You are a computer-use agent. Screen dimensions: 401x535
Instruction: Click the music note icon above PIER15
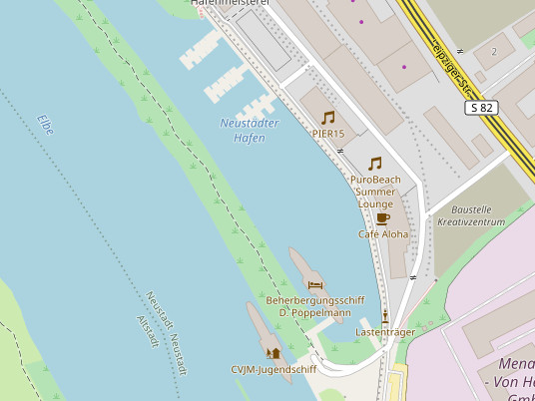[327, 118]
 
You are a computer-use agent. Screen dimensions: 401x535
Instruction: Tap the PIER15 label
[328, 133]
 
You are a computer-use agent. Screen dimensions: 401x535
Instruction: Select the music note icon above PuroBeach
[375, 164]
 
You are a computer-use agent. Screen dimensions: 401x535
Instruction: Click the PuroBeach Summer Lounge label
[376, 191]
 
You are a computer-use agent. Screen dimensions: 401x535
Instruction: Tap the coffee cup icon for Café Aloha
[382, 218]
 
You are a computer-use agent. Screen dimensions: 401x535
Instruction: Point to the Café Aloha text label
[383, 234]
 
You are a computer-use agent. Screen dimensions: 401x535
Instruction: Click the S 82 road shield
[481, 108]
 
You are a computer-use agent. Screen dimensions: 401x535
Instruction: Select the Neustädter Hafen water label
[250, 131]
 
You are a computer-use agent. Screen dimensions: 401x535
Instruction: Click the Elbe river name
[46, 125]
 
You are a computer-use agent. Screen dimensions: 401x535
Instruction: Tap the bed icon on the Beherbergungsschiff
[315, 285]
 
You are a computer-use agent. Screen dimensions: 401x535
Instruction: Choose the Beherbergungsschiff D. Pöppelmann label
[314, 306]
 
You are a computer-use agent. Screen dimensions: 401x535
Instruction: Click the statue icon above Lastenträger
[385, 315]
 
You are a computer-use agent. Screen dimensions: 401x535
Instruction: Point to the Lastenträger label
[385, 330]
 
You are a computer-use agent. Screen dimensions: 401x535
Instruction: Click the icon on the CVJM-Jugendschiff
[273, 353]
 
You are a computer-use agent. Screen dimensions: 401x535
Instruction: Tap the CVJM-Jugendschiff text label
[273, 369]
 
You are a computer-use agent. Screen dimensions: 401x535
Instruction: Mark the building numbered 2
[494, 51]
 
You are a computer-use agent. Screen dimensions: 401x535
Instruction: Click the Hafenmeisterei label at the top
[231, 4]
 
